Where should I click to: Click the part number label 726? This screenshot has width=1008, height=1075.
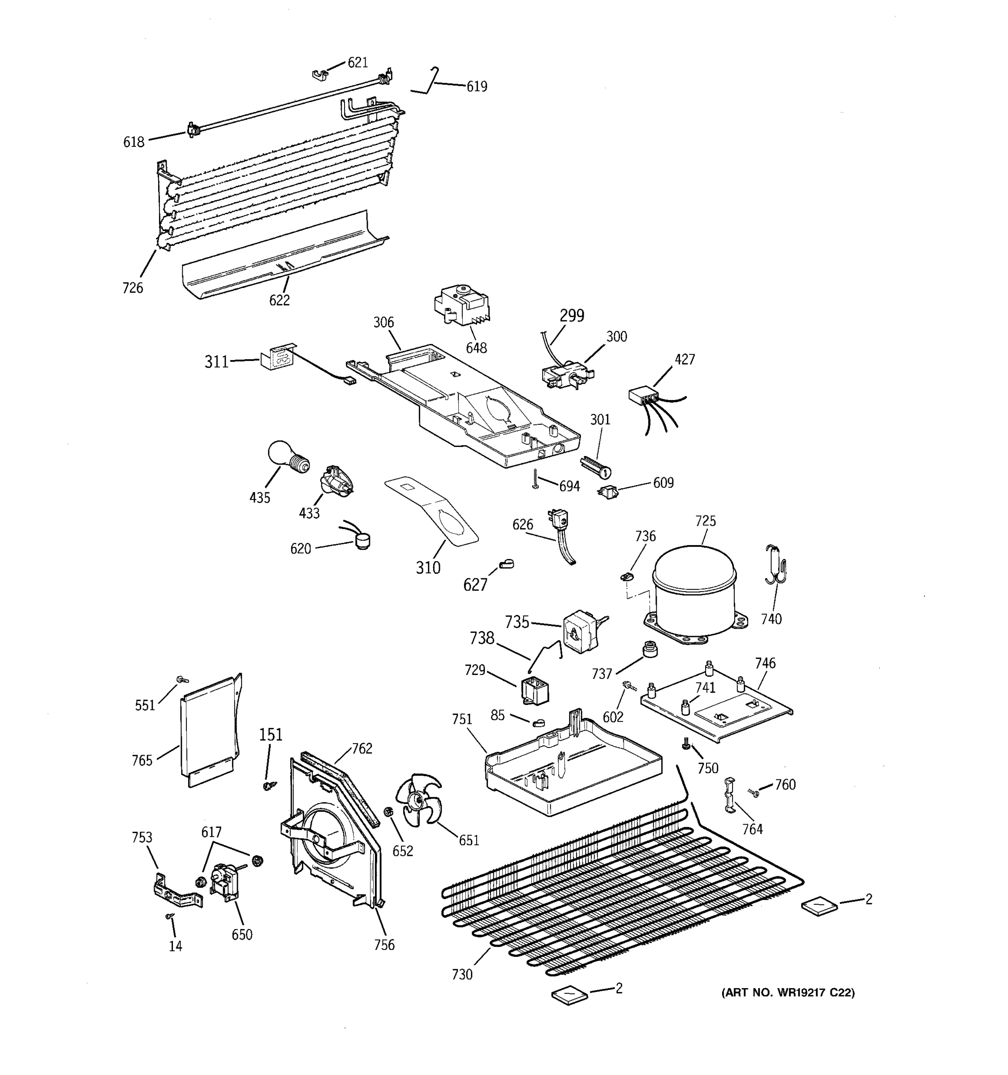pos(133,288)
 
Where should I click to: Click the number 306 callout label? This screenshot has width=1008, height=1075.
pos(383,323)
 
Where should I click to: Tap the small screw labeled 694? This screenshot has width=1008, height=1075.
pos(535,479)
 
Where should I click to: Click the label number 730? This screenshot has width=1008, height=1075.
pos(462,974)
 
